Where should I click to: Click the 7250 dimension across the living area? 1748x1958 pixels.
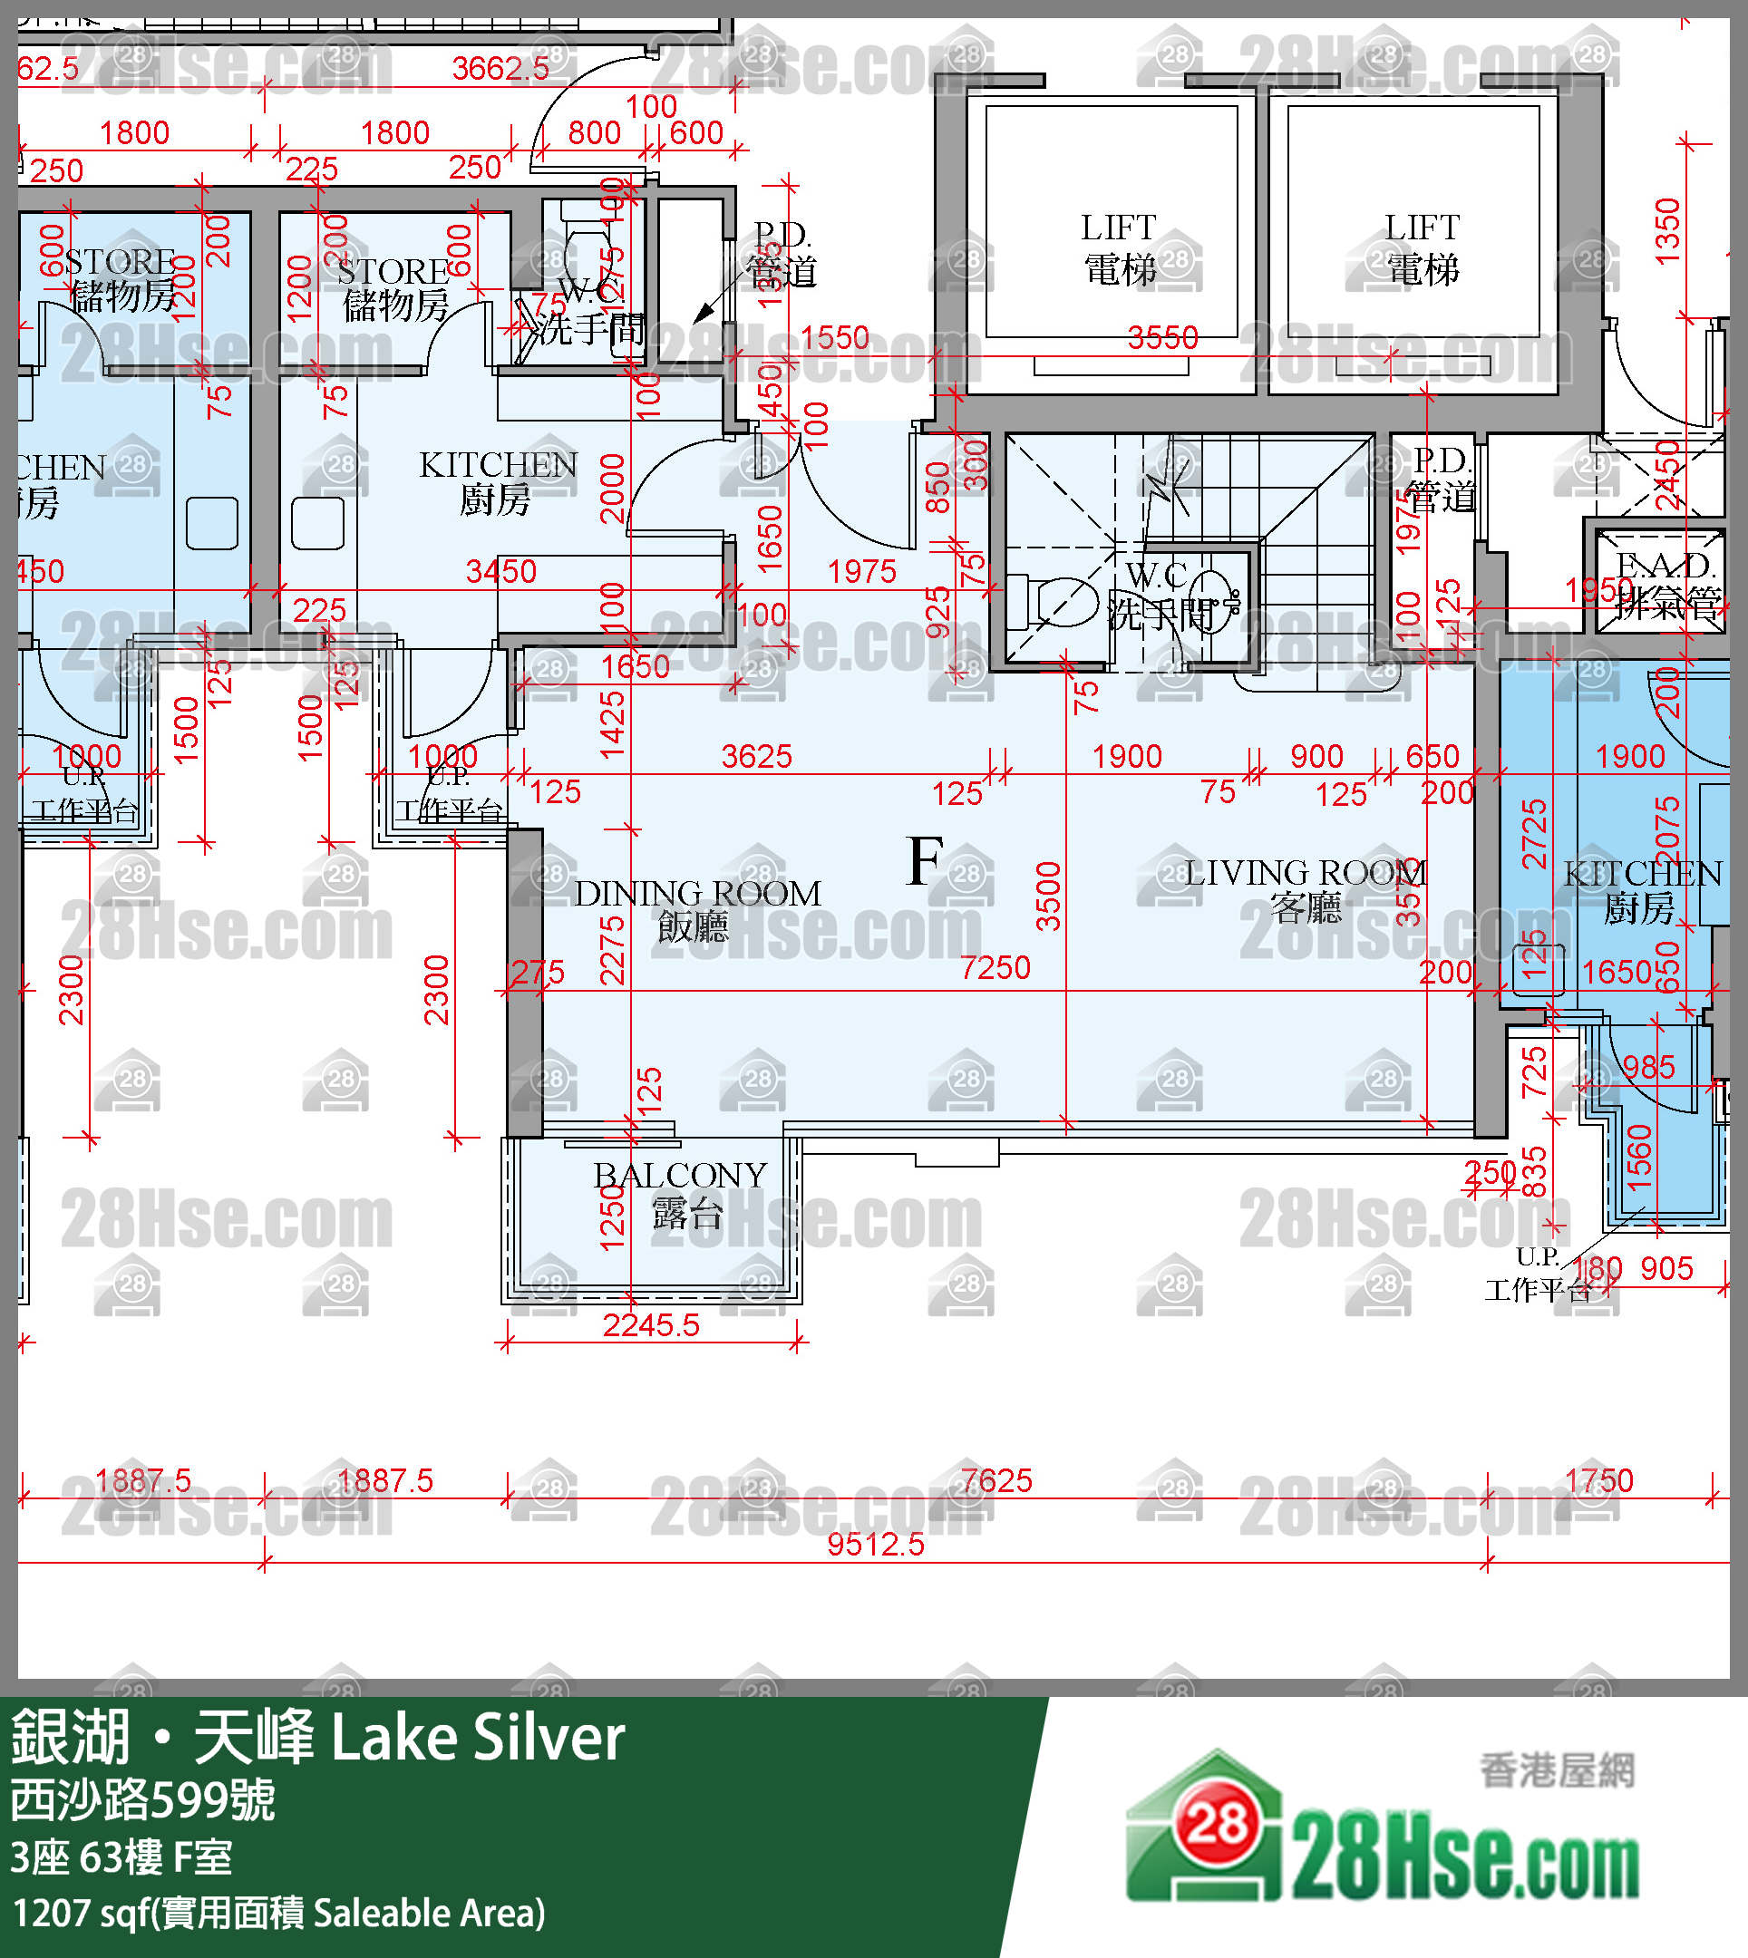coord(995,967)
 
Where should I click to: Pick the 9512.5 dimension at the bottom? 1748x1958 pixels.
coord(875,1544)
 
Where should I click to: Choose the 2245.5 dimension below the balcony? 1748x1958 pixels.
coord(650,1325)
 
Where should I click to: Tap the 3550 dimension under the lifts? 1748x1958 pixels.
coord(1162,338)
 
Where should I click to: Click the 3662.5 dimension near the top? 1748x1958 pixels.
coord(500,68)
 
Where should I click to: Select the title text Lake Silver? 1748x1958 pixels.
coord(477,1738)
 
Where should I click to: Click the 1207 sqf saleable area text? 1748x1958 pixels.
coord(278,1913)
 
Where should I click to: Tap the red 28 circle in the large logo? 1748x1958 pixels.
coord(1217,1824)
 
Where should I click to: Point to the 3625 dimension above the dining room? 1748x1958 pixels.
coord(756,757)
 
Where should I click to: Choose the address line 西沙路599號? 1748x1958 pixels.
coord(143,1799)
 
